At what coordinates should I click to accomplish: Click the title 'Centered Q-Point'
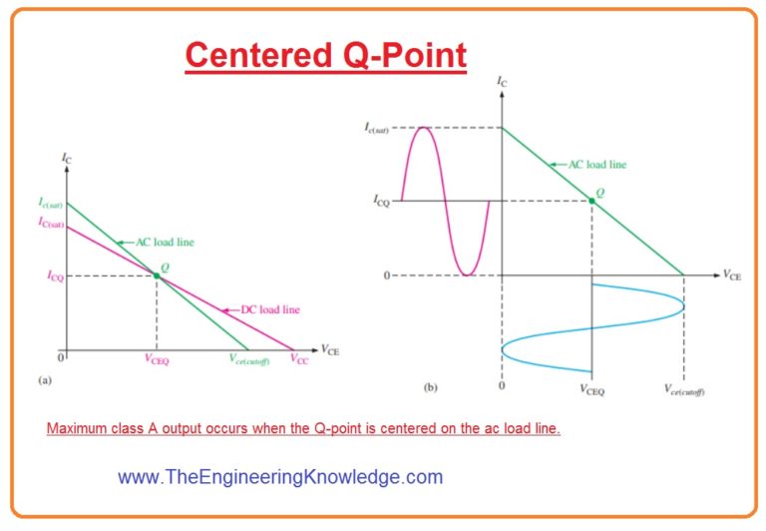pos(325,55)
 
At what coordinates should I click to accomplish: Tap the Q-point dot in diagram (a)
pos(157,274)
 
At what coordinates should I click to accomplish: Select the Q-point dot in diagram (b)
pos(591,201)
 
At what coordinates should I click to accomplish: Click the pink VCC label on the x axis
pos(299,361)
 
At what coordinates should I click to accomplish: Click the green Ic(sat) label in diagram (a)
pos(51,204)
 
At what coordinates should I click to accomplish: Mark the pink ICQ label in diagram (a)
pos(55,276)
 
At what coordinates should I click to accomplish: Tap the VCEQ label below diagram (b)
pos(593,391)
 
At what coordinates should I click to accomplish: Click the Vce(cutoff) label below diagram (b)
pos(684,391)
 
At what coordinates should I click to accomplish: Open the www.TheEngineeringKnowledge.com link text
pos(279,477)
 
